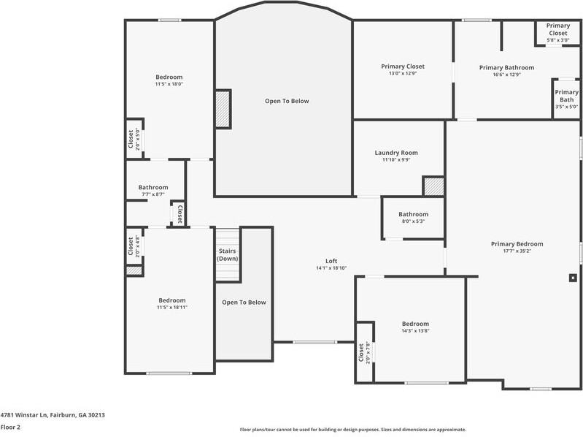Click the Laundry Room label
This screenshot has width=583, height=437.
point(396,153)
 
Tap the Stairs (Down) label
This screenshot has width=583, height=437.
point(228,255)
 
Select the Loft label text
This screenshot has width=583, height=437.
point(331,261)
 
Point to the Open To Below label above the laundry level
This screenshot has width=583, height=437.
point(286,101)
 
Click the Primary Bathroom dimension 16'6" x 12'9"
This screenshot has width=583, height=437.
point(506,75)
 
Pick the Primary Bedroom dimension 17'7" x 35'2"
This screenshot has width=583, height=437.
point(517,251)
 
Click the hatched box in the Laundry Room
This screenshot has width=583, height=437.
point(433,186)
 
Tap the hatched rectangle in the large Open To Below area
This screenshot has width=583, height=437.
point(223,109)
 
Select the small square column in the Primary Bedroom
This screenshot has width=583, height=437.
point(573,278)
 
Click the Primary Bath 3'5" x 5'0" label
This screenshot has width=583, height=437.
point(566,99)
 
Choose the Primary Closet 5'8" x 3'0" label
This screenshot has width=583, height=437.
point(558,33)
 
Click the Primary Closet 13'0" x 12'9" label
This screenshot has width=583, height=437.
point(402,70)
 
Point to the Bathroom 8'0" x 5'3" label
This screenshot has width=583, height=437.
point(413,218)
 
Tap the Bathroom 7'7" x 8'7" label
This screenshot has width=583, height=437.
point(153,191)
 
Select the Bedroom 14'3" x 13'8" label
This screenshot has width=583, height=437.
point(415,327)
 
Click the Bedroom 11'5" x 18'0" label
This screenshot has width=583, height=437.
point(169,80)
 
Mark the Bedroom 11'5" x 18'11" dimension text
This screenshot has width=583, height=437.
point(171,308)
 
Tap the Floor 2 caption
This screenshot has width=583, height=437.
point(10,427)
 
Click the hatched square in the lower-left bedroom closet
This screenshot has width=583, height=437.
point(134,270)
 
